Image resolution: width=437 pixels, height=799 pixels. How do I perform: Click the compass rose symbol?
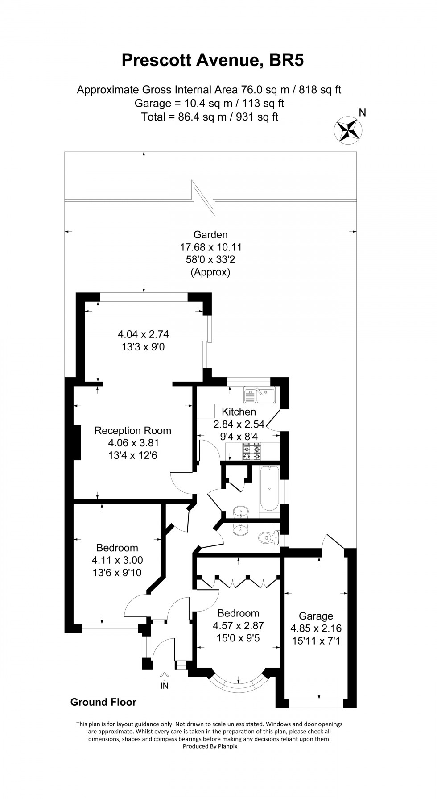click(348, 130)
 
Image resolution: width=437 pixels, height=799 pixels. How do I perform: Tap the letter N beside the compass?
click(363, 113)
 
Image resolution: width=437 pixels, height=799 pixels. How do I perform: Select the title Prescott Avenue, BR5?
click(213, 60)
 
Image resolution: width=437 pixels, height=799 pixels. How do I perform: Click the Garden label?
click(210, 235)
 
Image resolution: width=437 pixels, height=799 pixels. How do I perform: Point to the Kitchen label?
click(239, 412)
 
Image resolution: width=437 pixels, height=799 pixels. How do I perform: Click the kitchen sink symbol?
click(260, 395)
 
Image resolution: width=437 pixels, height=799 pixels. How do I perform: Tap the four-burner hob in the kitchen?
click(251, 451)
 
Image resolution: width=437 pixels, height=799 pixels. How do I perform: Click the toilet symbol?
click(268, 537)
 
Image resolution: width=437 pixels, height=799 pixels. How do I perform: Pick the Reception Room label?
click(132, 431)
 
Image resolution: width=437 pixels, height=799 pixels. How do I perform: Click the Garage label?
click(316, 616)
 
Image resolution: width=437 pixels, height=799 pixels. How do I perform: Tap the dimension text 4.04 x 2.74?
click(143, 334)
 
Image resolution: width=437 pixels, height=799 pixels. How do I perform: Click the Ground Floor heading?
click(103, 702)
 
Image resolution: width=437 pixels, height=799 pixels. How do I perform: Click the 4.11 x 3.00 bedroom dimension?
click(117, 560)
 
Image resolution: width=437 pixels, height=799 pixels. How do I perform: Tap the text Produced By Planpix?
click(209, 746)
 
